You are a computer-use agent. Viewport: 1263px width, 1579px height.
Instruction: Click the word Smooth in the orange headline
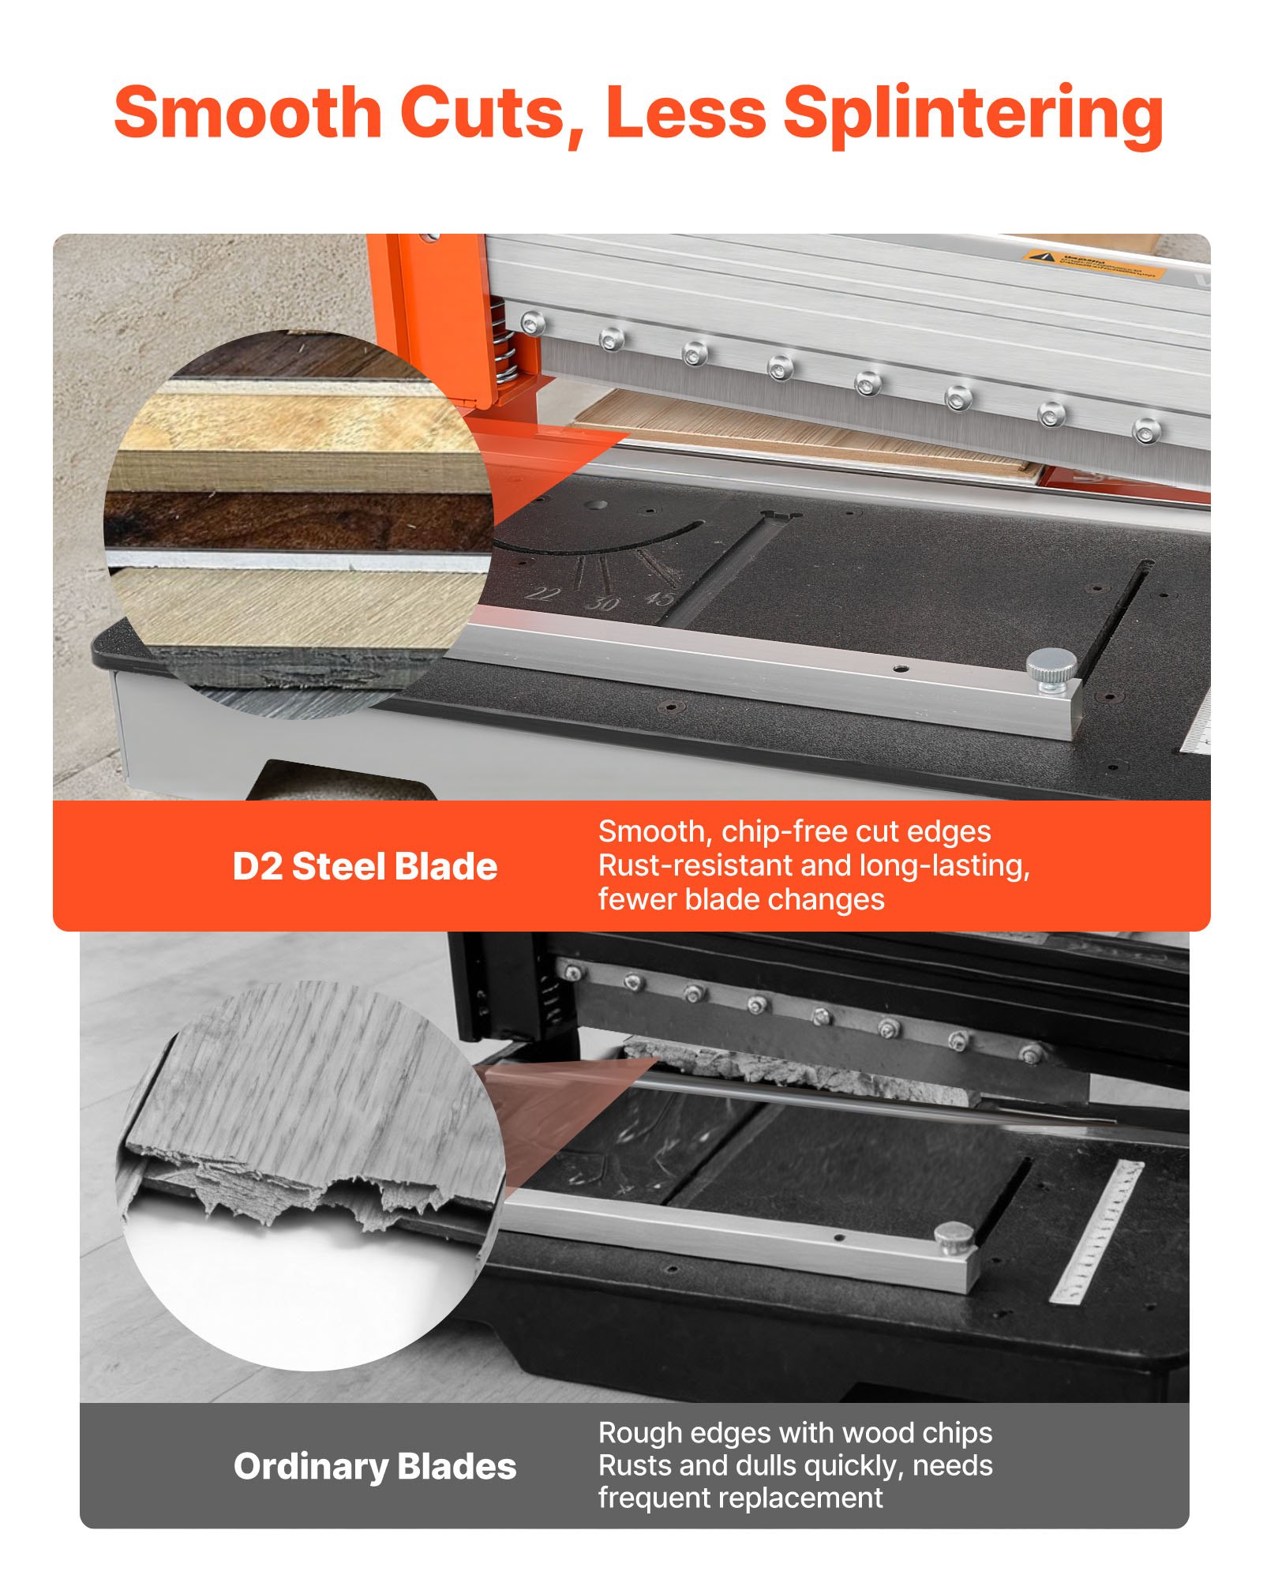pyautogui.click(x=248, y=112)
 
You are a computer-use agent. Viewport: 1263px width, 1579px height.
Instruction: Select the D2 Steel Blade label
pyautogui.click(x=365, y=866)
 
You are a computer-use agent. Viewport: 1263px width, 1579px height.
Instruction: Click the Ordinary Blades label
pyautogui.click(x=375, y=1466)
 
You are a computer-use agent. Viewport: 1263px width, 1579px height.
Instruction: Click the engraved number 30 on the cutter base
pyautogui.click(x=603, y=603)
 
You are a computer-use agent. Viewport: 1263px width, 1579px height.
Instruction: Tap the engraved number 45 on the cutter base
pyautogui.click(x=659, y=598)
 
